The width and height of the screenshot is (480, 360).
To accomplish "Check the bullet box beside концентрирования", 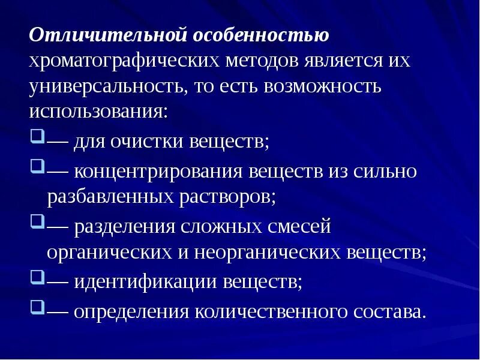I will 37,167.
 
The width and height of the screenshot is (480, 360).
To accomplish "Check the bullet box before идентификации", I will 37,277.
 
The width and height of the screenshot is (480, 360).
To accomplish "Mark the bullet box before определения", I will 37,307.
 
